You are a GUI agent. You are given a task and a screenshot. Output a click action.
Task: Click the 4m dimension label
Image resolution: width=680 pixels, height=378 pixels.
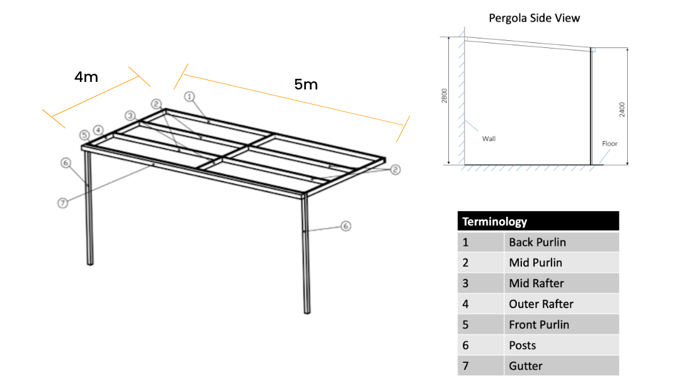86,77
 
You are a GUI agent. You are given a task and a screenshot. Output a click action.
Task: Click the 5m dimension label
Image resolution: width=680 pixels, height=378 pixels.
306,84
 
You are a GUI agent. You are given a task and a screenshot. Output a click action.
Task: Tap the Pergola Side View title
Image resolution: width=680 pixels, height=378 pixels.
534,18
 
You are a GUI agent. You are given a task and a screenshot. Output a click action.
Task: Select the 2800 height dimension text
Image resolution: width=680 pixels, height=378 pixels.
445,96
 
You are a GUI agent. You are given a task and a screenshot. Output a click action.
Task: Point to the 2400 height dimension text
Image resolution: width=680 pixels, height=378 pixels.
622,109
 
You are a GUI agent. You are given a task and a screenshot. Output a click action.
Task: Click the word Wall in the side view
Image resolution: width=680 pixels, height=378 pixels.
489,139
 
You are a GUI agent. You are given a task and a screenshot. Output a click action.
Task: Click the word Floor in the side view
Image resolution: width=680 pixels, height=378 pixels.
609,144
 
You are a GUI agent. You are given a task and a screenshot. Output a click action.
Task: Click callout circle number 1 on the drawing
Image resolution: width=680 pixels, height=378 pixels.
190,96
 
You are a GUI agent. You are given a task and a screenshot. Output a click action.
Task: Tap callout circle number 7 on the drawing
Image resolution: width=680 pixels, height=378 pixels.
62,203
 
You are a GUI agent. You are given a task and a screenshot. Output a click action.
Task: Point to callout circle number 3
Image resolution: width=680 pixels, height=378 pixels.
130,115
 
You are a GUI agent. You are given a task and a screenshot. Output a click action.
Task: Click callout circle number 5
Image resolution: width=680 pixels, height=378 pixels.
84,135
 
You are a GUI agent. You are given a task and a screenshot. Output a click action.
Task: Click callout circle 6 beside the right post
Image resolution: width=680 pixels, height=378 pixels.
345,226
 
